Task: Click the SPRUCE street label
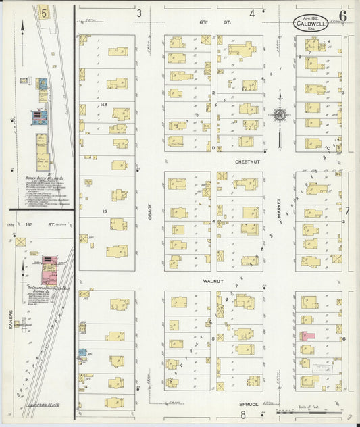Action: [248, 404]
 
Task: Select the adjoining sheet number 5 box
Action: [44, 12]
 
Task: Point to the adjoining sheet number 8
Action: [243, 416]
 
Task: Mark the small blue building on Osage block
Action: [82, 353]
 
